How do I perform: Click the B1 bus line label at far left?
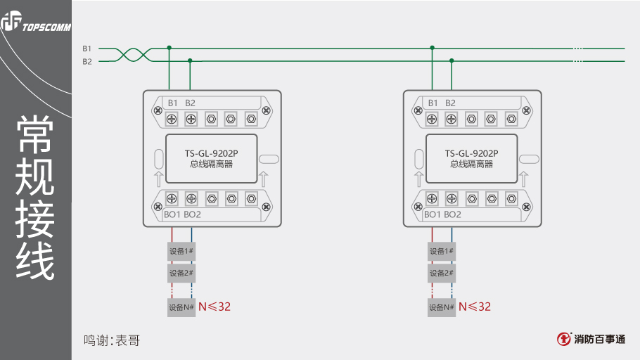tap(87, 49)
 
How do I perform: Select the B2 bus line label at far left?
tap(87, 61)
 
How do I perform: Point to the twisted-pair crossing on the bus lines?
tap(130, 55)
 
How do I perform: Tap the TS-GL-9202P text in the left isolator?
tap(212, 153)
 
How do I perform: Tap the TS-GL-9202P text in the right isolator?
tap(471, 153)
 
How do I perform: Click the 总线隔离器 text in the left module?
tap(212, 165)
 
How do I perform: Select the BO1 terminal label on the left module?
tap(172, 214)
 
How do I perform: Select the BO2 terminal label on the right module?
tap(452, 214)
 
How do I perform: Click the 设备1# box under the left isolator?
tap(181, 251)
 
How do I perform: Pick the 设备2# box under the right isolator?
tap(441, 272)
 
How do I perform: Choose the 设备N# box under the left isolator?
tap(181, 307)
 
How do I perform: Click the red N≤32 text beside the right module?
tap(475, 307)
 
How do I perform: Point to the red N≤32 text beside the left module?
tap(215, 307)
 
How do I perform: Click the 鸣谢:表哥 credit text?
tap(112, 341)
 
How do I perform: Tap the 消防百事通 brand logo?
tap(591, 339)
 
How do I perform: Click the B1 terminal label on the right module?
tap(433, 103)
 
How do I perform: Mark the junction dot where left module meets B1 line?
tap(169, 48)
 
